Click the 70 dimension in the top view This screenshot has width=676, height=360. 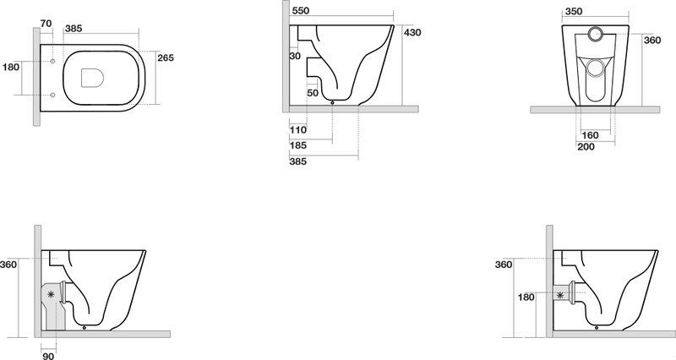pyautogui.click(x=46, y=24)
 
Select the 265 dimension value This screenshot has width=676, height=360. pyautogui.click(x=166, y=57)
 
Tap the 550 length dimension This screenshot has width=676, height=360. pyautogui.click(x=301, y=11)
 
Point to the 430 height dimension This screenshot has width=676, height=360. pyautogui.click(x=412, y=32)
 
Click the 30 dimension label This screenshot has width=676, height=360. pyautogui.click(x=295, y=56)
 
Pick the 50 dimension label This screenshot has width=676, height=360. pyautogui.click(x=313, y=93)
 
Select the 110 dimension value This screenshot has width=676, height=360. pyautogui.click(x=298, y=130)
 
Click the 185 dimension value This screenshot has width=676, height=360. pyautogui.click(x=298, y=145)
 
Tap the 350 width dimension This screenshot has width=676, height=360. pyautogui.click(x=574, y=12)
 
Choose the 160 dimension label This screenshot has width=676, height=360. pyautogui.click(x=590, y=135)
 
